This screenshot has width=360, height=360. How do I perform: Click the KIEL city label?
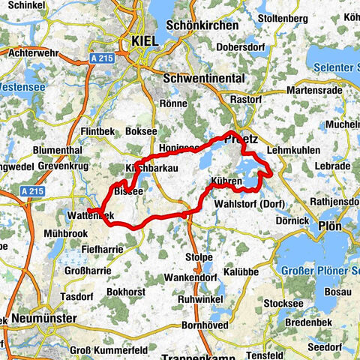tap(144, 41)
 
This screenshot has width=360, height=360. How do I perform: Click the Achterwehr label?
tap(28, 53)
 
